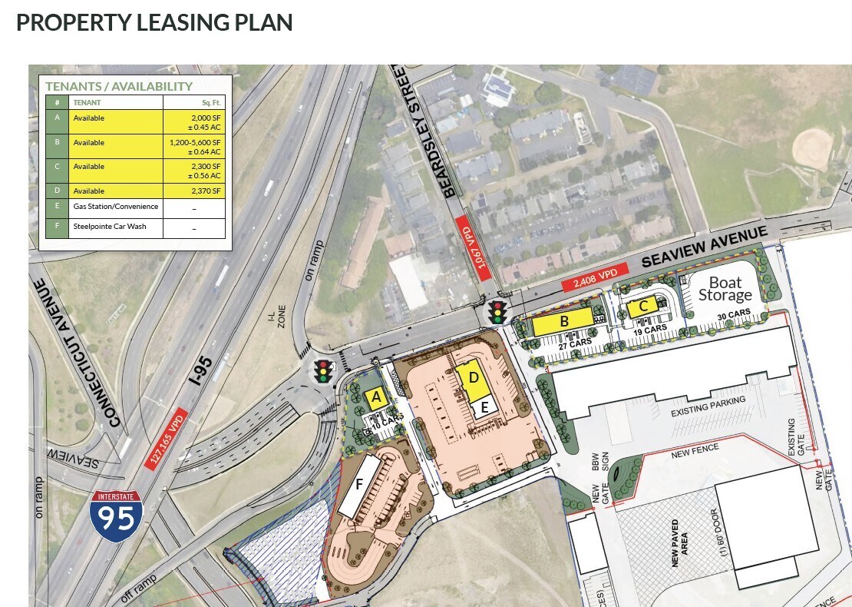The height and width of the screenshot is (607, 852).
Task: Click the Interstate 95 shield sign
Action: click(x=115, y=517)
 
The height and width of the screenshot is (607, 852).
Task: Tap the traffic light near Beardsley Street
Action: click(x=497, y=312)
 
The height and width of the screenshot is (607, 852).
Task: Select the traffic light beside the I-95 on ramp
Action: click(x=323, y=371)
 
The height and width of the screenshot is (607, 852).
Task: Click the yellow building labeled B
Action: click(x=563, y=322)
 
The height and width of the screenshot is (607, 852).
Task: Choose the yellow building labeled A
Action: click(x=375, y=398)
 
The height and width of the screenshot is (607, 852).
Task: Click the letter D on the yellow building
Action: click(x=474, y=378)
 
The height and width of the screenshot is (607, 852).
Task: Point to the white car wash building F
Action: click(x=359, y=486)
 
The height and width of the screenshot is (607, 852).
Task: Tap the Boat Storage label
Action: click(x=725, y=289)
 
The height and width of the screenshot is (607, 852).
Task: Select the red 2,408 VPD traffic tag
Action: click(x=596, y=278)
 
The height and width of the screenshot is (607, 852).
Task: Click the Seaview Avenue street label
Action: click(x=704, y=247)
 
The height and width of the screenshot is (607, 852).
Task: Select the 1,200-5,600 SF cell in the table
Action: click(x=195, y=146)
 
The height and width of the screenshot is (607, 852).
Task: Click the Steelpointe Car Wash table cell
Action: click(x=115, y=227)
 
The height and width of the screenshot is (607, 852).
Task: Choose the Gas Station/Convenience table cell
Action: click(x=115, y=207)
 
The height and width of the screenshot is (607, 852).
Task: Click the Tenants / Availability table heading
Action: click(x=119, y=87)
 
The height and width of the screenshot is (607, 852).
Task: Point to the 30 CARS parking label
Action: click(x=733, y=313)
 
